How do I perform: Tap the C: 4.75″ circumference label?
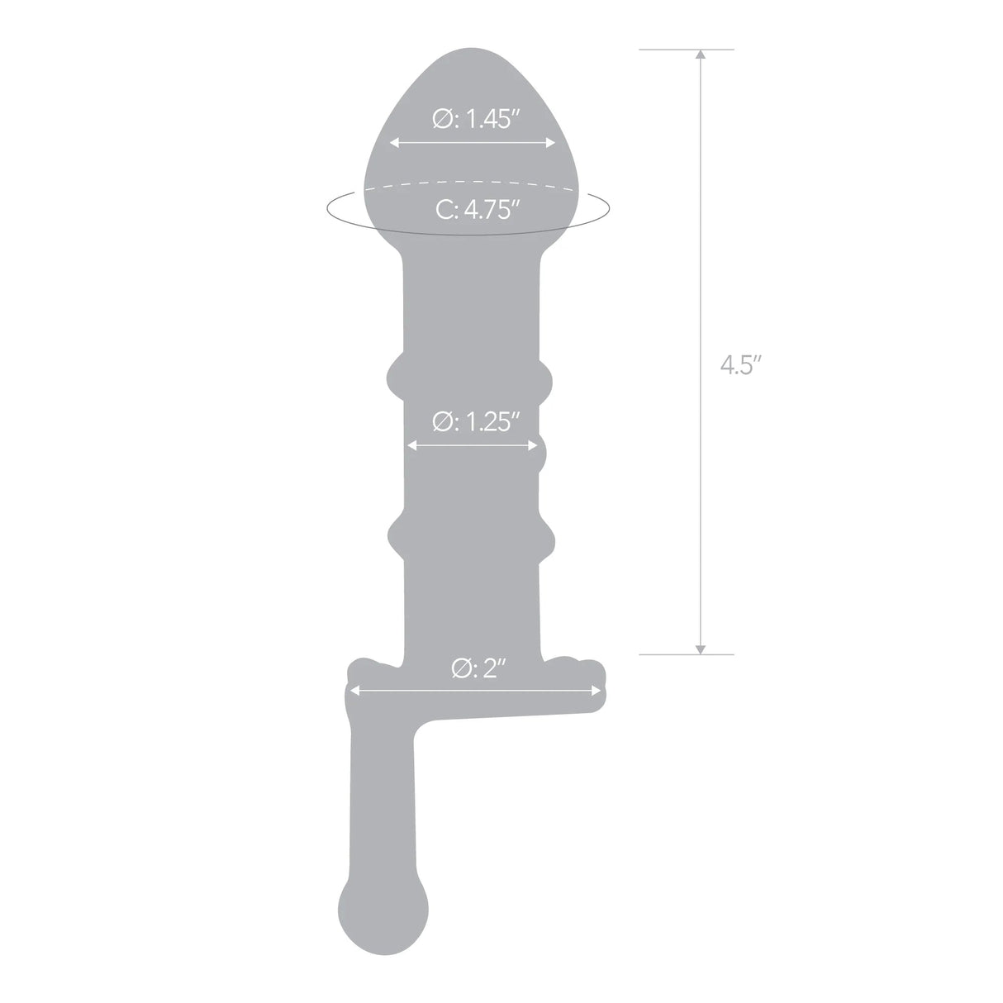coord(478,210)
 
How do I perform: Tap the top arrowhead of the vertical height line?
coord(701,56)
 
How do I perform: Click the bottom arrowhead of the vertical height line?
coord(701,648)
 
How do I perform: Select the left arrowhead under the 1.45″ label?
coord(395,142)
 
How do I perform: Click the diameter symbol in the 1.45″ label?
coord(441,121)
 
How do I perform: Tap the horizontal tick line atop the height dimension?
coord(686,50)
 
